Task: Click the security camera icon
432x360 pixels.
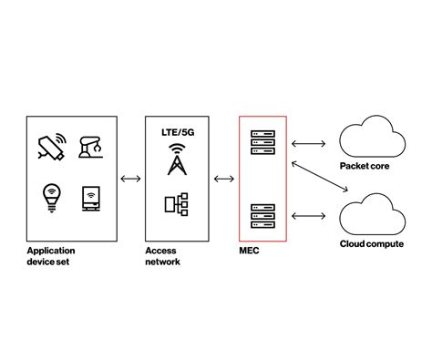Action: point(51,146)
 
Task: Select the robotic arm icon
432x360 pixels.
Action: point(92,148)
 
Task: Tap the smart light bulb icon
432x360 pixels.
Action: point(51,197)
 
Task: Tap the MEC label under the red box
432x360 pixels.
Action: point(249,250)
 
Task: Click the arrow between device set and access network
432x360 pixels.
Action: point(130,178)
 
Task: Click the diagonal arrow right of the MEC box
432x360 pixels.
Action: point(319,179)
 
